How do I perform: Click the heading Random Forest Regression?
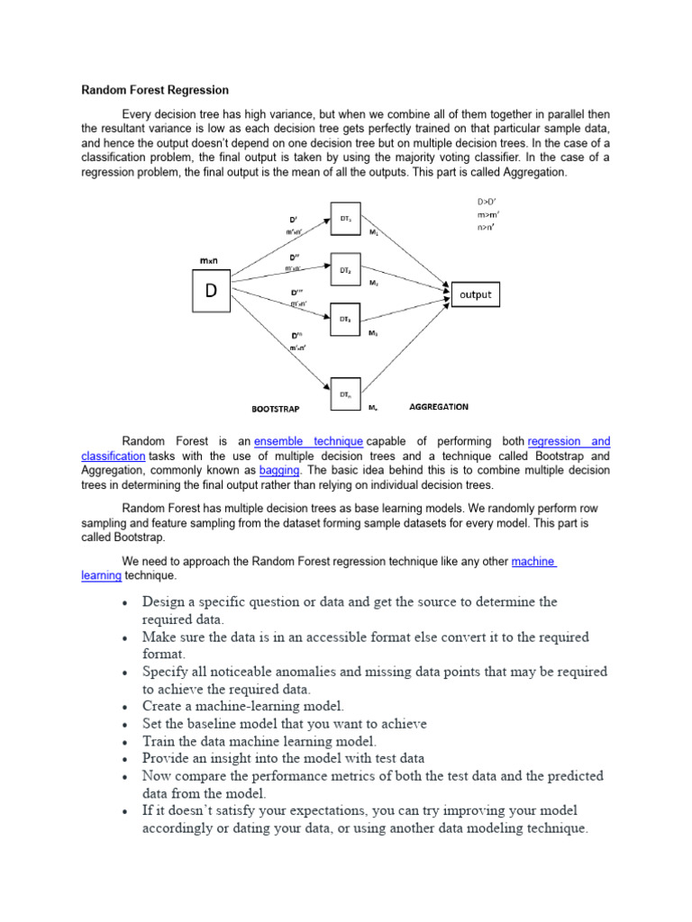[x=155, y=90]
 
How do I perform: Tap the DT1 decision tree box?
[x=345, y=220]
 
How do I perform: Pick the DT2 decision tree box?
[x=345, y=269]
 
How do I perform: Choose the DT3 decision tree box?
[x=345, y=319]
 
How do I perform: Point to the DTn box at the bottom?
[x=345, y=393]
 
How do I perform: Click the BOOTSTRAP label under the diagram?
[x=275, y=408]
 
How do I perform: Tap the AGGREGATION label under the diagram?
[x=439, y=406]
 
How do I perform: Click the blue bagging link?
[x=279, y=470]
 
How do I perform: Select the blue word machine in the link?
[x=533, y=561]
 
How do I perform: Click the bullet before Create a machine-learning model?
[x=123, y=707]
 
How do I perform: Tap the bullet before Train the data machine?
[x=123, y=742]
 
